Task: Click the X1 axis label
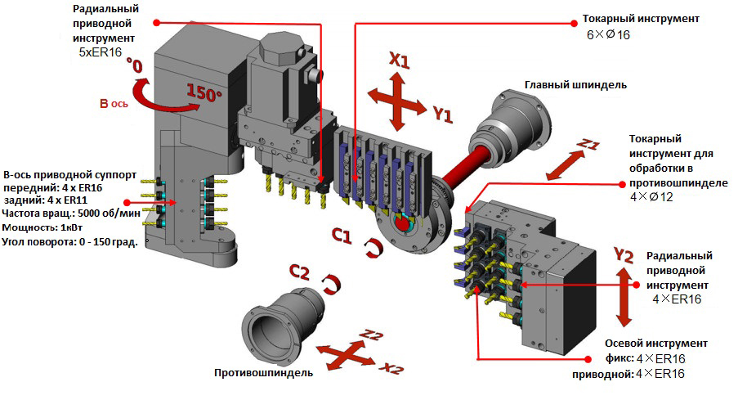[x=399, y=61]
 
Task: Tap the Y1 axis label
[x=442, y=115]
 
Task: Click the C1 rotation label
[x=342, y=237]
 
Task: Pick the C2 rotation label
[x=299, y=272]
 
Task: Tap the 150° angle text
[x=204, y=92]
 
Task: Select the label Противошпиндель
[x=263, y=373]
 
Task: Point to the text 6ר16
[x=609, y=35]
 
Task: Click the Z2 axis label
[x=371, y=335]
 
